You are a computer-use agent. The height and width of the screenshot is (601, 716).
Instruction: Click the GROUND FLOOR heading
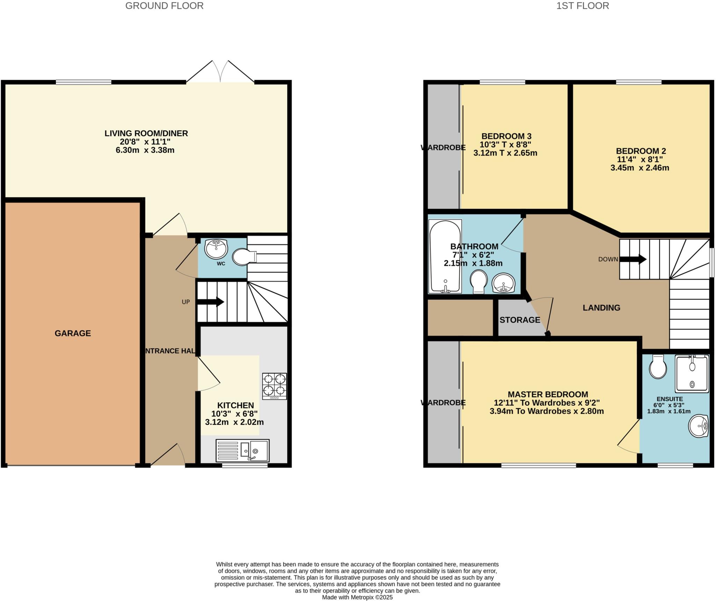tap(164, 6)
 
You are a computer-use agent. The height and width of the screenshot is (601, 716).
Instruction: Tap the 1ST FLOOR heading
tap(582, 6)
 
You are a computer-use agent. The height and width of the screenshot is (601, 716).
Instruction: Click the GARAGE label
tap(73, 333)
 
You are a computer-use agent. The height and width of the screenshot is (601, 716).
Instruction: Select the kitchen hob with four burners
tap(274, 386)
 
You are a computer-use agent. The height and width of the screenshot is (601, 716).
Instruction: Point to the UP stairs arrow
tap(211, 302)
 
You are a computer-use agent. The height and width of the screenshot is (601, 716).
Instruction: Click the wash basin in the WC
tap(216, 248)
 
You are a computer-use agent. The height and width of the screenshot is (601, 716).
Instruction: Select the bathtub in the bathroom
tap(445, 256)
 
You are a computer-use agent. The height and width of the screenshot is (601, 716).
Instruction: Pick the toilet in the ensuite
tap(658, 367)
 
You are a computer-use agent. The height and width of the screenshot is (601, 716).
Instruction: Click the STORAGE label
tap(520, 320)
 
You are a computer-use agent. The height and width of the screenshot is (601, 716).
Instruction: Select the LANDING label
tap(601, 308)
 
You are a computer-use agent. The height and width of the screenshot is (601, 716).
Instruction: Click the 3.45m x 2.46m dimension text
tap(640, 168)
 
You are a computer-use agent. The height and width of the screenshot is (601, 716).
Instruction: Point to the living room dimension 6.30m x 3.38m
tap(145, 150)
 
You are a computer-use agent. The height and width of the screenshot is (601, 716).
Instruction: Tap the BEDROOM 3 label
tap(506, 136)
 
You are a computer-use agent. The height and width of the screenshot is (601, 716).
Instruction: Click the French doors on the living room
tap(220, 72)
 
